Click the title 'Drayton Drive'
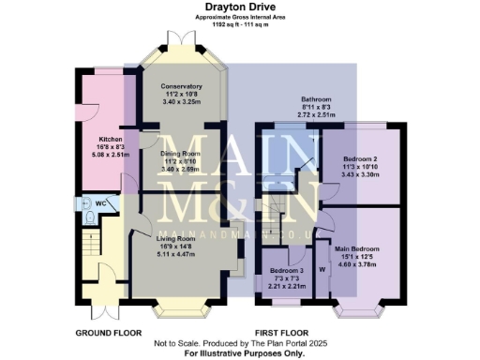240,7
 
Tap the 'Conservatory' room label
182,87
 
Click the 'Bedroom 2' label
360,160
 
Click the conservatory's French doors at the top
181,39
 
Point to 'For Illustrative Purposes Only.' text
240,352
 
